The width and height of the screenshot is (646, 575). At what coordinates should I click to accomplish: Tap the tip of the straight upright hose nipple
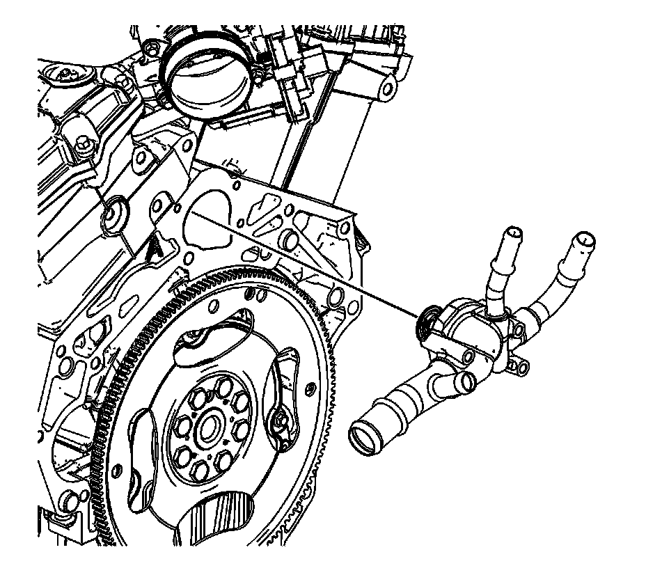click(x=513, y=233)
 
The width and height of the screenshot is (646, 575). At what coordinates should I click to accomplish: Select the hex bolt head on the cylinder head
click(x=83, y=145)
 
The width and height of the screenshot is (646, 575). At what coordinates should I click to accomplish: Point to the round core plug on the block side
click(x=113, y=212)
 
